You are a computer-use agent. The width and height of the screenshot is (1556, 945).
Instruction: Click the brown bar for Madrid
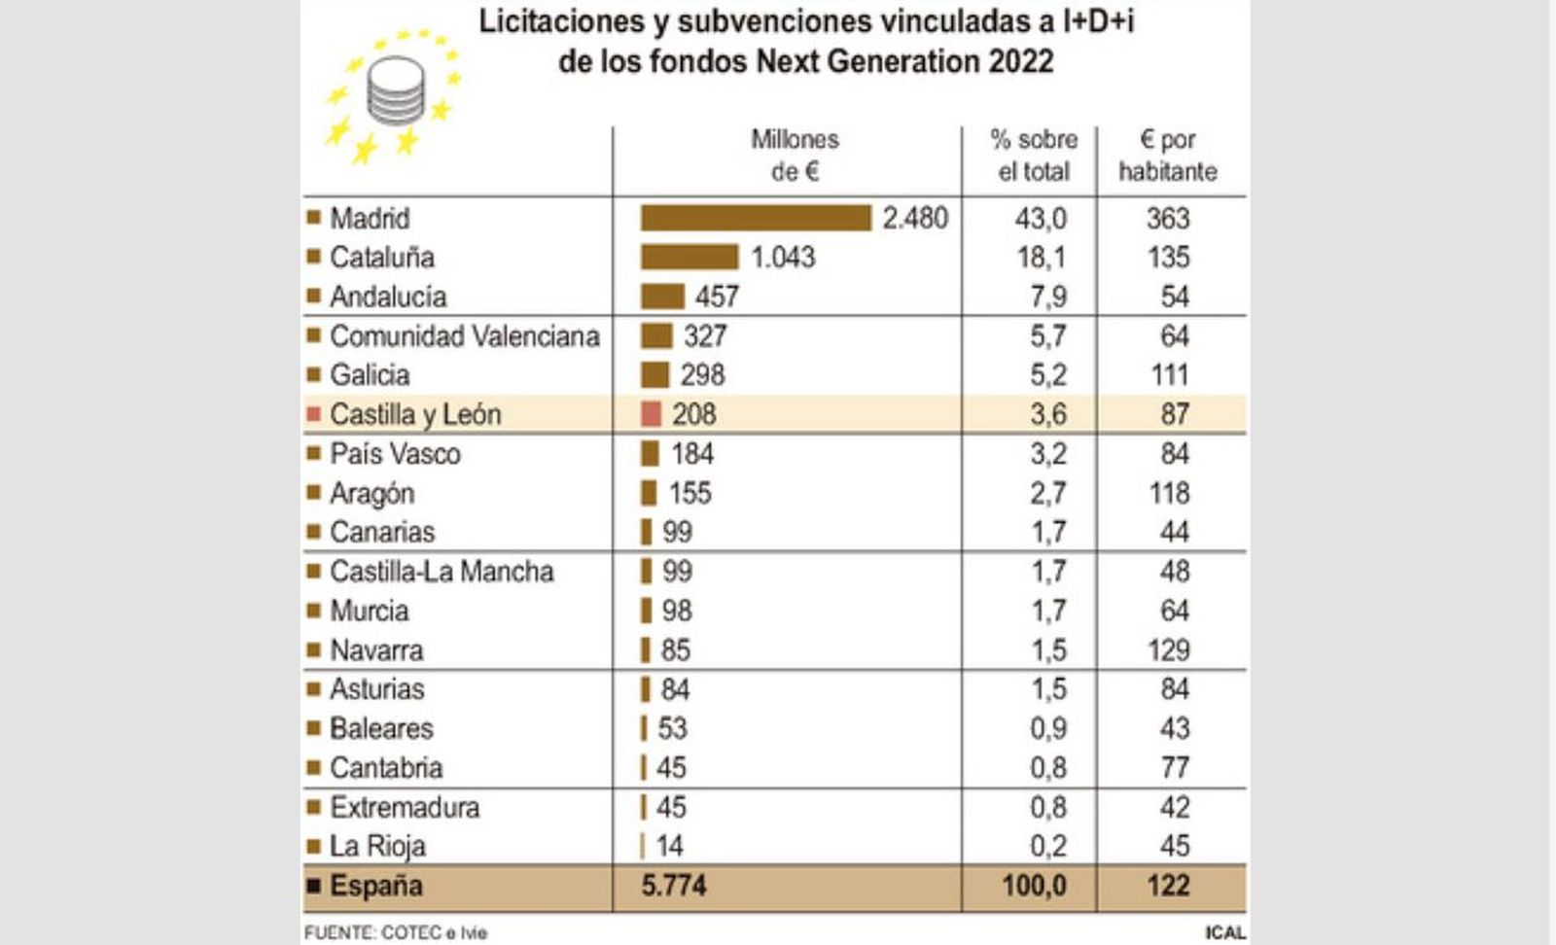point(756,218)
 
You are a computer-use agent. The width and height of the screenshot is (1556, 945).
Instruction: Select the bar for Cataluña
point(689,257)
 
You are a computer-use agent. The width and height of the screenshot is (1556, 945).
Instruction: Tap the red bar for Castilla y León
point(651,414)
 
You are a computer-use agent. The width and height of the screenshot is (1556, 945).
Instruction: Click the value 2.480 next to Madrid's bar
point(915,218)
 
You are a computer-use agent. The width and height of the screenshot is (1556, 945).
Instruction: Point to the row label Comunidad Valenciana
point(464,336)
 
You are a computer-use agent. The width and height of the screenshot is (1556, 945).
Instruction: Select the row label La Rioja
point(377,846)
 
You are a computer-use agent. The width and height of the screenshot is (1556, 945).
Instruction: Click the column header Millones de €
point(795,156)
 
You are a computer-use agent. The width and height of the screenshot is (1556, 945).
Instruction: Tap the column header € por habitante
point(1167,156)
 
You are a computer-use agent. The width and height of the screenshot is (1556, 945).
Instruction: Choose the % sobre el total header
point(1033,156)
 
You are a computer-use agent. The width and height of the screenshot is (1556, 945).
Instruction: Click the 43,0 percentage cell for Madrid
point(1040,218)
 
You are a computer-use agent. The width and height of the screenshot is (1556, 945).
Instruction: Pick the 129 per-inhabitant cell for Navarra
point(1167,649)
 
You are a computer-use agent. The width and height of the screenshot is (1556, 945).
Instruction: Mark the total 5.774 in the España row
point(673,886)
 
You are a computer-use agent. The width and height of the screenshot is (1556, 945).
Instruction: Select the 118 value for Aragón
point(1168,493)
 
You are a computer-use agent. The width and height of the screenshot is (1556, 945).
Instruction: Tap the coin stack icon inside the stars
point(395,91)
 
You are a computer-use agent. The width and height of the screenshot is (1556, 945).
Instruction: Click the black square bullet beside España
point(313,886)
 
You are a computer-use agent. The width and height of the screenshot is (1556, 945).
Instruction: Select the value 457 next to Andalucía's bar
point(717,297)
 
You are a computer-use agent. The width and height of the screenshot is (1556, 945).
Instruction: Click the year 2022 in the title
point(1021,61)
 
